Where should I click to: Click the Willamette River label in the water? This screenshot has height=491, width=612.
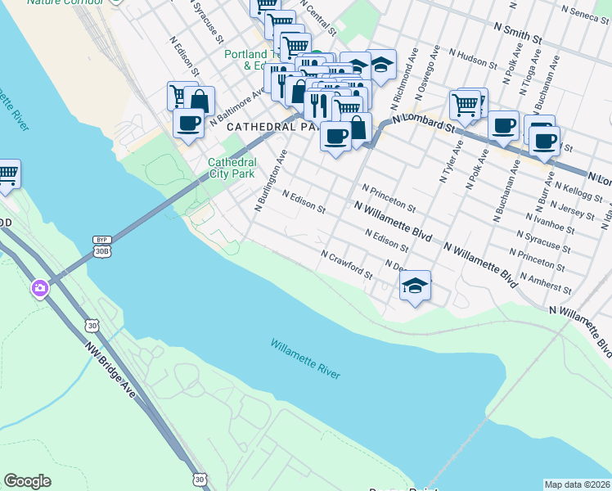[305, 358]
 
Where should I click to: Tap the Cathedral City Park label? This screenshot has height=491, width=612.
[232, 168]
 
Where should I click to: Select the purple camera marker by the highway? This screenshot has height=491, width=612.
[39, 288]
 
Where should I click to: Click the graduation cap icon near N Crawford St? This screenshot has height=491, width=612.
[416, 286]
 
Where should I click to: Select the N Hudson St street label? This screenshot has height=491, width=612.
[475, 57]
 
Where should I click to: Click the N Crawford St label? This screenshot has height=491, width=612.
[347, 264]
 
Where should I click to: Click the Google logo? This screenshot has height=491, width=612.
[27, 481]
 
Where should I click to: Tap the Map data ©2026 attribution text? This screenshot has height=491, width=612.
[577, 484]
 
